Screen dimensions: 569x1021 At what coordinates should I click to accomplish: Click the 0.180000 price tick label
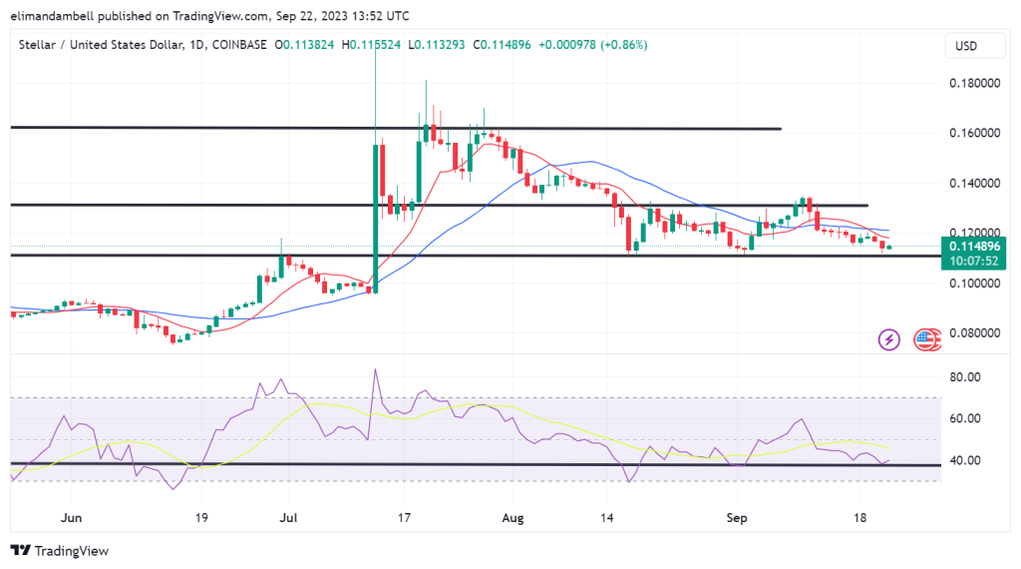point(975,84)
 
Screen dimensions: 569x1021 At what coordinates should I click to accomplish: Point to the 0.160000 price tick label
point(975,134)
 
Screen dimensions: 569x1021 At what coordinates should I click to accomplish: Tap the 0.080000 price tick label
point(975,333)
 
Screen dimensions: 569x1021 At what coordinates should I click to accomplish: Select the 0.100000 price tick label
point(975,284)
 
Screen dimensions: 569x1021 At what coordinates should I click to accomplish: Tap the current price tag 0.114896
point(975,247)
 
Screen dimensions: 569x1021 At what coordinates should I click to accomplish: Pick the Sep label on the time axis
point(736,518)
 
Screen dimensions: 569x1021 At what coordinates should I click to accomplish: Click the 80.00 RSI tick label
point(966,377)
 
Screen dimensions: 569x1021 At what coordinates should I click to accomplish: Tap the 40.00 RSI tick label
point(966,461)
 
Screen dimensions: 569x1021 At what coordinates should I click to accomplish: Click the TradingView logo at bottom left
point(60,551)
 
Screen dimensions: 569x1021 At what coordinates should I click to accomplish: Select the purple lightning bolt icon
point(888,339)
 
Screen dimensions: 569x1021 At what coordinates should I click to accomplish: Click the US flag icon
point(927,339)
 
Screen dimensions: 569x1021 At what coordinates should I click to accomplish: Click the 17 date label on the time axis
point(404,518)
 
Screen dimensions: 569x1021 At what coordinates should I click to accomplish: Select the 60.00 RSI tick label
point(966,419)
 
